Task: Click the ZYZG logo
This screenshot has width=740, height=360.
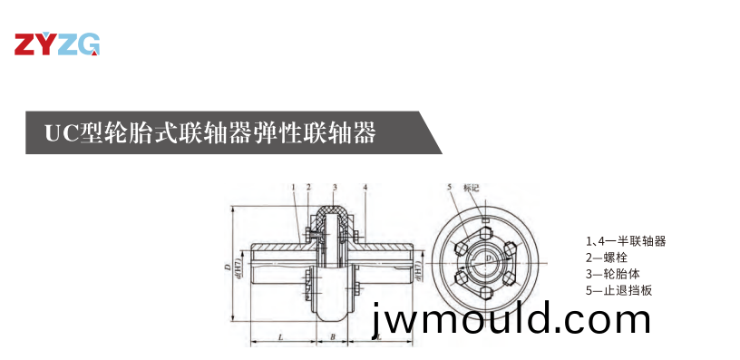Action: click(56, 44)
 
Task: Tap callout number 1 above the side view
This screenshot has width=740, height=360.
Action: click(294, 188)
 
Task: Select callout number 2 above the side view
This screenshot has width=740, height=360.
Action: click(309, 188)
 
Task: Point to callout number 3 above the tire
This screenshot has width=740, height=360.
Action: click(335, 188)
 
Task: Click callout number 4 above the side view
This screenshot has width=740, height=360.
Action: click(365, 188)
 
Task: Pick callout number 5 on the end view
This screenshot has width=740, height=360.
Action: click(449, 188)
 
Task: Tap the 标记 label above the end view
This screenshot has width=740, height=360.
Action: click(470, 188)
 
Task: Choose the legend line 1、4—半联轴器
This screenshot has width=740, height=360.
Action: click(626, 241)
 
